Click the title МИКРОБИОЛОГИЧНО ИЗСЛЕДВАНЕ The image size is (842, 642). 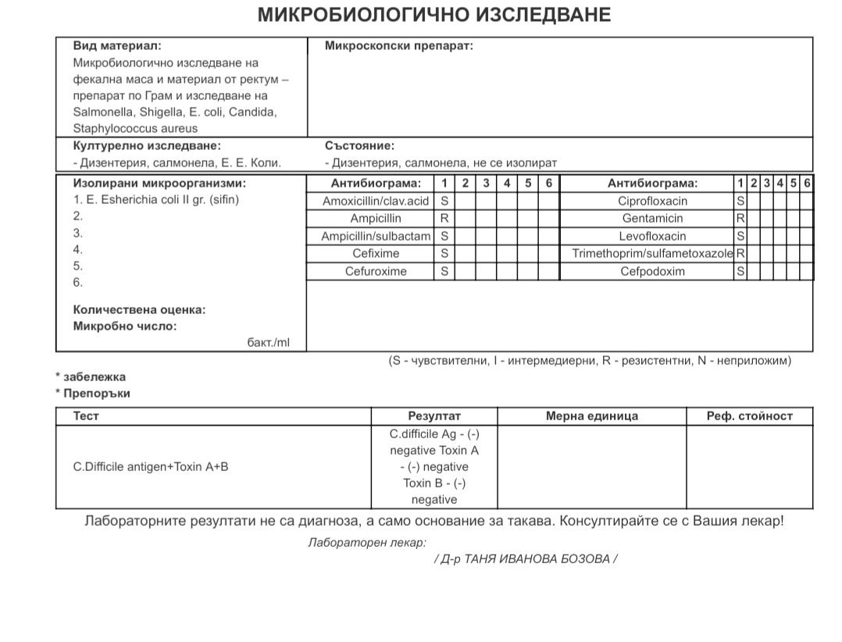point(434,15)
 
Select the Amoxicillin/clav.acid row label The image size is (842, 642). point(376,201)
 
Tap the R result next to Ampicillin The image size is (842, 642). point(444,219)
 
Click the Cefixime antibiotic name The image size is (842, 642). point(376,254)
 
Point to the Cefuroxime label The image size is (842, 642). point(376,272)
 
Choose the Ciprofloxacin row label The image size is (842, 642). point(652,201)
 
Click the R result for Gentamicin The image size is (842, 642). point(740,219)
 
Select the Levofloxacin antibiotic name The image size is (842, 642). point(652,236)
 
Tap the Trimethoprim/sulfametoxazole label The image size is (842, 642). point(652,254)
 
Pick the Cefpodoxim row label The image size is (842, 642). point(652,272)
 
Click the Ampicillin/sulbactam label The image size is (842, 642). point(376,236)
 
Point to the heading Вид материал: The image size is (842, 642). point(117,46)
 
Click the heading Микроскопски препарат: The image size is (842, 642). point(398,46)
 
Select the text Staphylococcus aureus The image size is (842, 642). point(135,128)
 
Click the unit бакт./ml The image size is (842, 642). point(268,342)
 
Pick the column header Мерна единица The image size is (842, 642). point(591,416)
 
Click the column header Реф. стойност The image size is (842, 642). point(749,416)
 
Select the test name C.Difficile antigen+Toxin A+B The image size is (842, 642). point(151,467)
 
